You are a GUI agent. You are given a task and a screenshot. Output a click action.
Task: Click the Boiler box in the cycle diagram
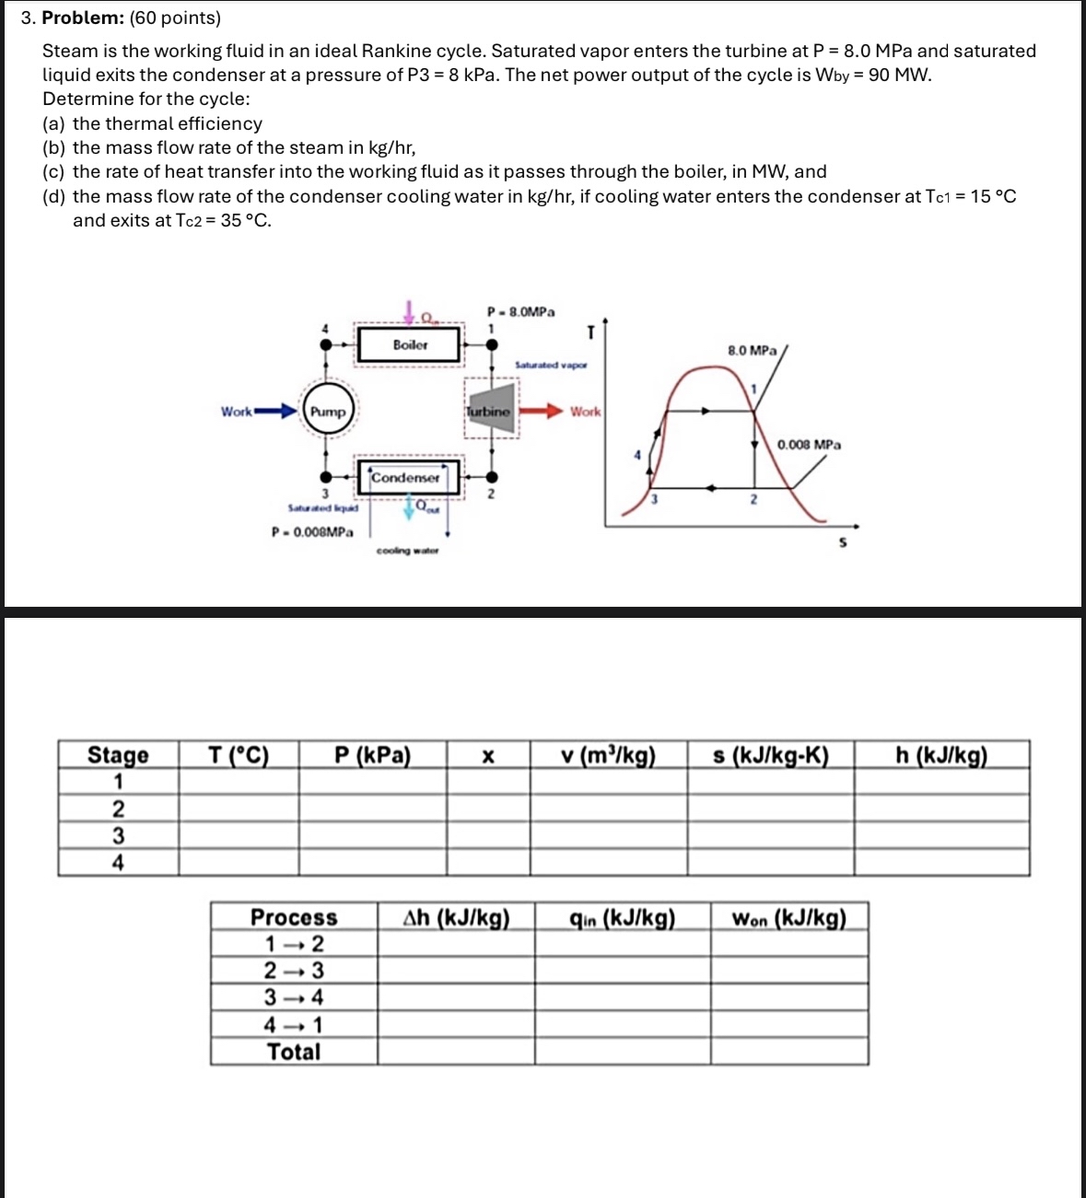pos(410,345)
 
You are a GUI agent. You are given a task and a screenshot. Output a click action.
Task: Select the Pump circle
pos(328,412)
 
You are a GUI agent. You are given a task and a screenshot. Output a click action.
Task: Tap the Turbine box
pos(488,412)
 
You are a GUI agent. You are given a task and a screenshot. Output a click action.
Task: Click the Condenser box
pos(406,477)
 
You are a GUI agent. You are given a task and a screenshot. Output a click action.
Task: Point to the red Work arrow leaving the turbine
pos(542,411)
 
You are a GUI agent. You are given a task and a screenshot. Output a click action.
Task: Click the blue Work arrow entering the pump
pos(276,411)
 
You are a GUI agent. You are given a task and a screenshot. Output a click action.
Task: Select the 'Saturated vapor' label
pos(551,366)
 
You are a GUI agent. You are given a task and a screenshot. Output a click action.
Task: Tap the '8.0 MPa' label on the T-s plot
pos(752,351)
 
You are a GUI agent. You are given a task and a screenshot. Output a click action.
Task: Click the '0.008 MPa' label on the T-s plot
pos(809,445)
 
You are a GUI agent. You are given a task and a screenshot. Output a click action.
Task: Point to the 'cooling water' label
pos(407,551)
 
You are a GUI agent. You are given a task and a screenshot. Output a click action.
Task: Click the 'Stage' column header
pos(118,755)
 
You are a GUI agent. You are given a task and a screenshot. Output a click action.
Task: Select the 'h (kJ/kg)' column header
pos(940,755)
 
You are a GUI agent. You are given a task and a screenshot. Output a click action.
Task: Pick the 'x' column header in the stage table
pos(488,756)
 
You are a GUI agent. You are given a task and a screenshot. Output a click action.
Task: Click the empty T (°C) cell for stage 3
pos(239,835)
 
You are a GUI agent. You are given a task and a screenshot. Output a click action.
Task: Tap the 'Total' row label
pos(294,1052)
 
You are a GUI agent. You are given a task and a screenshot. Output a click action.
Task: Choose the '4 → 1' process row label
pos(294,1024)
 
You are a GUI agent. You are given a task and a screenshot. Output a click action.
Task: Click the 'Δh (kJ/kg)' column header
pos(456,917)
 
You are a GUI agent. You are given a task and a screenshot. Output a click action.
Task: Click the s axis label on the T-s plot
pos(842,543)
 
